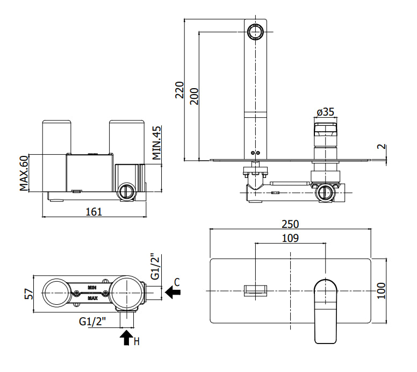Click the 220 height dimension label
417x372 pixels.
point(180,90)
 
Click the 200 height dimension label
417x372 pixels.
point(195,96)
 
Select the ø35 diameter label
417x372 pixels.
point(326,112)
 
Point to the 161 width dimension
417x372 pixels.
point(94,212)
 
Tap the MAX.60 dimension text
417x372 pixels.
point(24,173)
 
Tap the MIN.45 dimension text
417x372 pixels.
point(156,143)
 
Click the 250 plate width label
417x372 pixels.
point(290,224)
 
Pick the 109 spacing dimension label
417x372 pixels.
point(290,238)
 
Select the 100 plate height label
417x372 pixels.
point(382,291)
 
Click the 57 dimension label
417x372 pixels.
point(29,294)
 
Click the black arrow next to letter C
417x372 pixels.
point(173,292)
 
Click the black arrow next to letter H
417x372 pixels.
point(126,338)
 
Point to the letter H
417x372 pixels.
point(136,341)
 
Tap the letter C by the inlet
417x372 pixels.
point(177,282)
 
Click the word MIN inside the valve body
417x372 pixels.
point(92,288)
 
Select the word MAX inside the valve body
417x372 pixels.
point(92,298)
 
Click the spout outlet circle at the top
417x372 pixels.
point(255,32)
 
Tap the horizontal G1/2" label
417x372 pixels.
point(92,321)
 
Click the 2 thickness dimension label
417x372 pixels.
point(382,146)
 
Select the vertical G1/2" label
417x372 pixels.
point(155,266)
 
